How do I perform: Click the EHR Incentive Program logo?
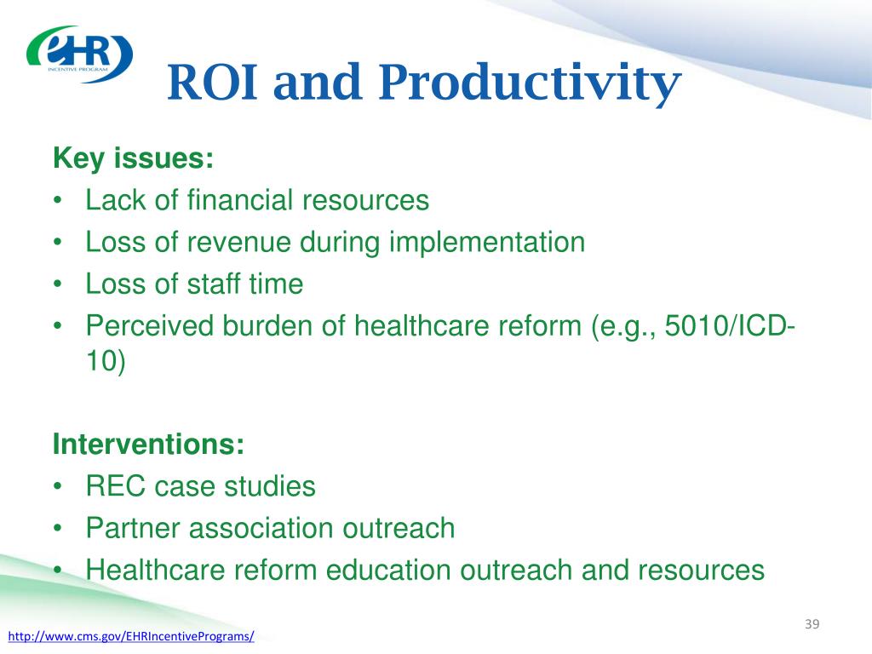pos(79,54)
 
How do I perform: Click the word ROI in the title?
pos(212,83)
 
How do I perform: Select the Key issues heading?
pos(134,158)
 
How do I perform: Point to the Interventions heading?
pos(148,444)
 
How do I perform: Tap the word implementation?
pos(486,243)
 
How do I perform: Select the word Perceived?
pos(149,325)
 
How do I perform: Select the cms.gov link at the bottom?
pos(131,636)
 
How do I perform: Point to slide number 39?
pos(812,624)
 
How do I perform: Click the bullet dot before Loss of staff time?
pos(57,284)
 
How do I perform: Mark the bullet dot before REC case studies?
pos(57,486)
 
